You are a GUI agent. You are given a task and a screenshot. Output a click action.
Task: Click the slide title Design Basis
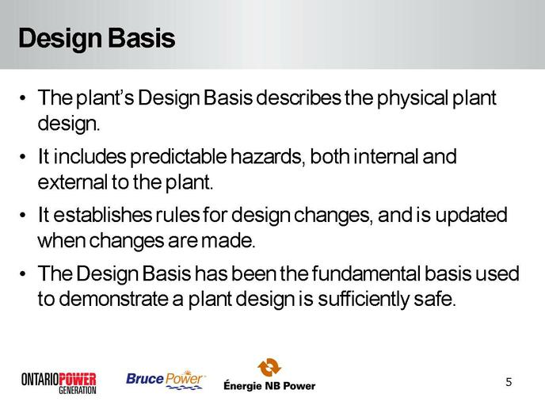pyautogui.click(x=97, y=39)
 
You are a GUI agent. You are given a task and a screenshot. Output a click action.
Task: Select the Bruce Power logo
pyautogui.click(x=166, y=380)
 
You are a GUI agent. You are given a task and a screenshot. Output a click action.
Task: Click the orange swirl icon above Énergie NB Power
pyautogui.click(x=269, y=367)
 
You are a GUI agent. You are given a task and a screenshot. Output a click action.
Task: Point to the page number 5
pyautogui.click(x=509, y=382)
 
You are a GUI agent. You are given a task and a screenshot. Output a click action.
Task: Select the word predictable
pyautogui.click(x=178, y=157)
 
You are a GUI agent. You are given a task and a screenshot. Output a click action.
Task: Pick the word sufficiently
pyautogui.click(x=364, y=300)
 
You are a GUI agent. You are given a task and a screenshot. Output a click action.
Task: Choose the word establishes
pyautogui.click(x=102, y=215)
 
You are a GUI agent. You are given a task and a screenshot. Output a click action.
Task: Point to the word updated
pyautogui.click(x=471, y=216)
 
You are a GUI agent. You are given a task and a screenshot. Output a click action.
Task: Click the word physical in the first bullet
pyautogui.click(x=414, y=99)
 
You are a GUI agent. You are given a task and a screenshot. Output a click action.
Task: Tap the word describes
pyautogui.click(x=299, y=98)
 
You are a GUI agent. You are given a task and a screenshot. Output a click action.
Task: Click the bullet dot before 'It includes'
pyautogui.click(x=23, y=157)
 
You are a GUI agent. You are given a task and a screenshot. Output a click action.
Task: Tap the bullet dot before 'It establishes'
pyautogui.click(x=23, y=216)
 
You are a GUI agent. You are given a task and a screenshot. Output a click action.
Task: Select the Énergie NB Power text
pyautogui.click(x=269, y=386)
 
